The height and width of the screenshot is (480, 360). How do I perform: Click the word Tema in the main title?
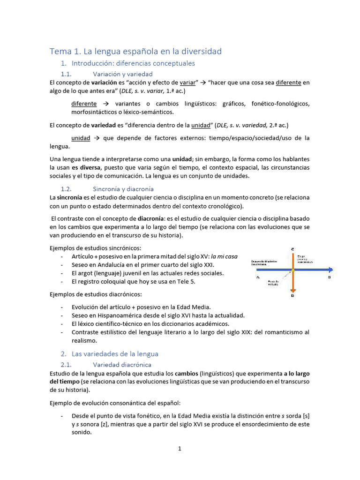[x=60, y=51]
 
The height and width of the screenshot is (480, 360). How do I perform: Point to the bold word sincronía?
[x=70, y=198]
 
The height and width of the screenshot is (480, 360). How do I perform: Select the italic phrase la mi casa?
[x=224, y=256]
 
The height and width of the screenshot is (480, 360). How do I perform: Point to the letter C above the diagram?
[x=292, y=248]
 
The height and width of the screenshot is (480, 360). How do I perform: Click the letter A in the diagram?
[x=258, y=277]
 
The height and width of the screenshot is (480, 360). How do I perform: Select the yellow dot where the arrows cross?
[x=292, y=270]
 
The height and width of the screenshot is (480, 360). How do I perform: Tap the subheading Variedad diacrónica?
[x=122, y=365]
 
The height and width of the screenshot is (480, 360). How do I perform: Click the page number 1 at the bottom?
[x=180, y=449]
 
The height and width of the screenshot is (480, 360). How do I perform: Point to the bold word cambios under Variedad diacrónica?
[x=186, y=374]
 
